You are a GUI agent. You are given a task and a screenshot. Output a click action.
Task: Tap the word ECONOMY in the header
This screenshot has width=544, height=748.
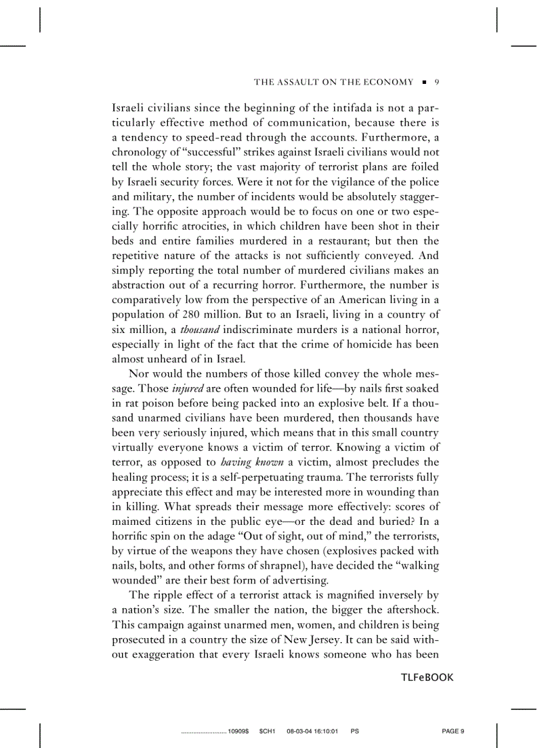[389, 82]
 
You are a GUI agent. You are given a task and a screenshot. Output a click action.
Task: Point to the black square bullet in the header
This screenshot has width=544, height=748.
[424, 83]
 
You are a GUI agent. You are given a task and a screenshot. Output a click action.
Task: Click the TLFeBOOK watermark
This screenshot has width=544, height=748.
[427, 677]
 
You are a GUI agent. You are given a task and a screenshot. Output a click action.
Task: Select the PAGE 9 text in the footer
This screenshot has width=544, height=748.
[453, 731]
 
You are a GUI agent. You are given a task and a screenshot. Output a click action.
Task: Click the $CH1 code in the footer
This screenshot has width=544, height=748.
[267, 731]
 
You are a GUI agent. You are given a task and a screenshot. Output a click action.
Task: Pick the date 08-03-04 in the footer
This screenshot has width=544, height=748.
[299, 731]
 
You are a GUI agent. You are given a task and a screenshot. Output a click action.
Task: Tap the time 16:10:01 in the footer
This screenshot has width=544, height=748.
[326, 731]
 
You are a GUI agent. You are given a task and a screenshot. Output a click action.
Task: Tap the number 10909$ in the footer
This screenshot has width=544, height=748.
[239, 731]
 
